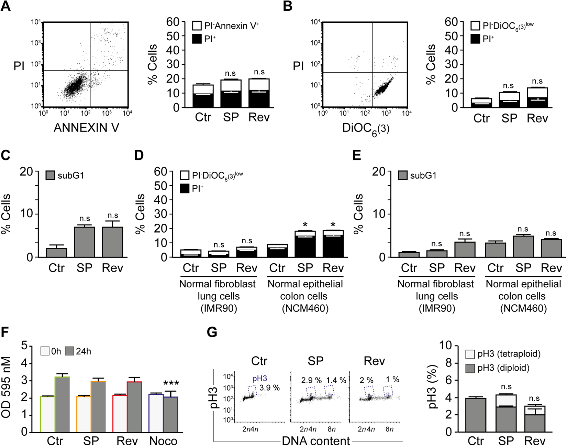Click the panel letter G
point(212,332)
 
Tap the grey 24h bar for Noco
point(170,414)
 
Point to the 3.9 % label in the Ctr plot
point(269,388)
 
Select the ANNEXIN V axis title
point(86,128)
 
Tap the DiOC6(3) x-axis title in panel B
point(366,129)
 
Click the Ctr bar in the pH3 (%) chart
point(476,415)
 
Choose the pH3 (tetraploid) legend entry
point(503,354)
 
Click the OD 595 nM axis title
point(6,387)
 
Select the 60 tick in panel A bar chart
point(173,22)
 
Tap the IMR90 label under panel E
point(436,308)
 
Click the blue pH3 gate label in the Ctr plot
point(259,379)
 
